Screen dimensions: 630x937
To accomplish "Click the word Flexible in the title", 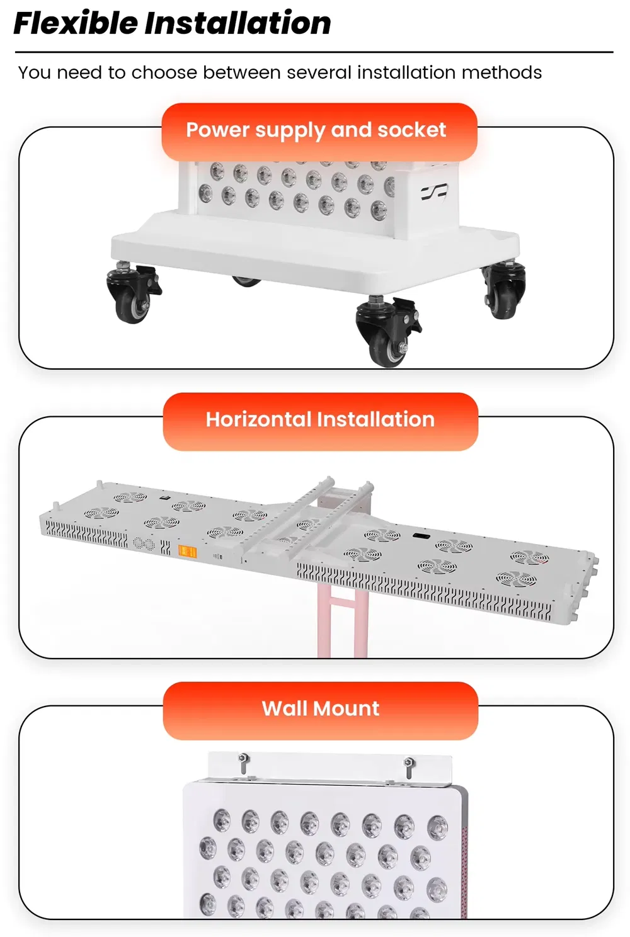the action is coord(76,23).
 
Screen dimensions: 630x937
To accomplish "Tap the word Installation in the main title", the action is coord(238,23).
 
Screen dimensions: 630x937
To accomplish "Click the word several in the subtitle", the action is coord(319,73).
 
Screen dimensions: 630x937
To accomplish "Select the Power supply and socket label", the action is coord(316,130).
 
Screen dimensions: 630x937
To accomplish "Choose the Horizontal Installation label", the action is coord(320,419).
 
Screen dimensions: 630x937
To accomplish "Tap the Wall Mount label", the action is coord(320,708).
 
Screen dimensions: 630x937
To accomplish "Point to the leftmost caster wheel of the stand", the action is coord(132,293).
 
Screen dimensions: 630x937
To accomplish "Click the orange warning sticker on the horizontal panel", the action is coord(188,552).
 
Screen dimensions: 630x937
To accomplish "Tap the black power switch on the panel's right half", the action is coord(420,535).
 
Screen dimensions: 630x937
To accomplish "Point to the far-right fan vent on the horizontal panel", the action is coord(530,557).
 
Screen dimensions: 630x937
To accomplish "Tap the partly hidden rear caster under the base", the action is coord(246,281).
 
